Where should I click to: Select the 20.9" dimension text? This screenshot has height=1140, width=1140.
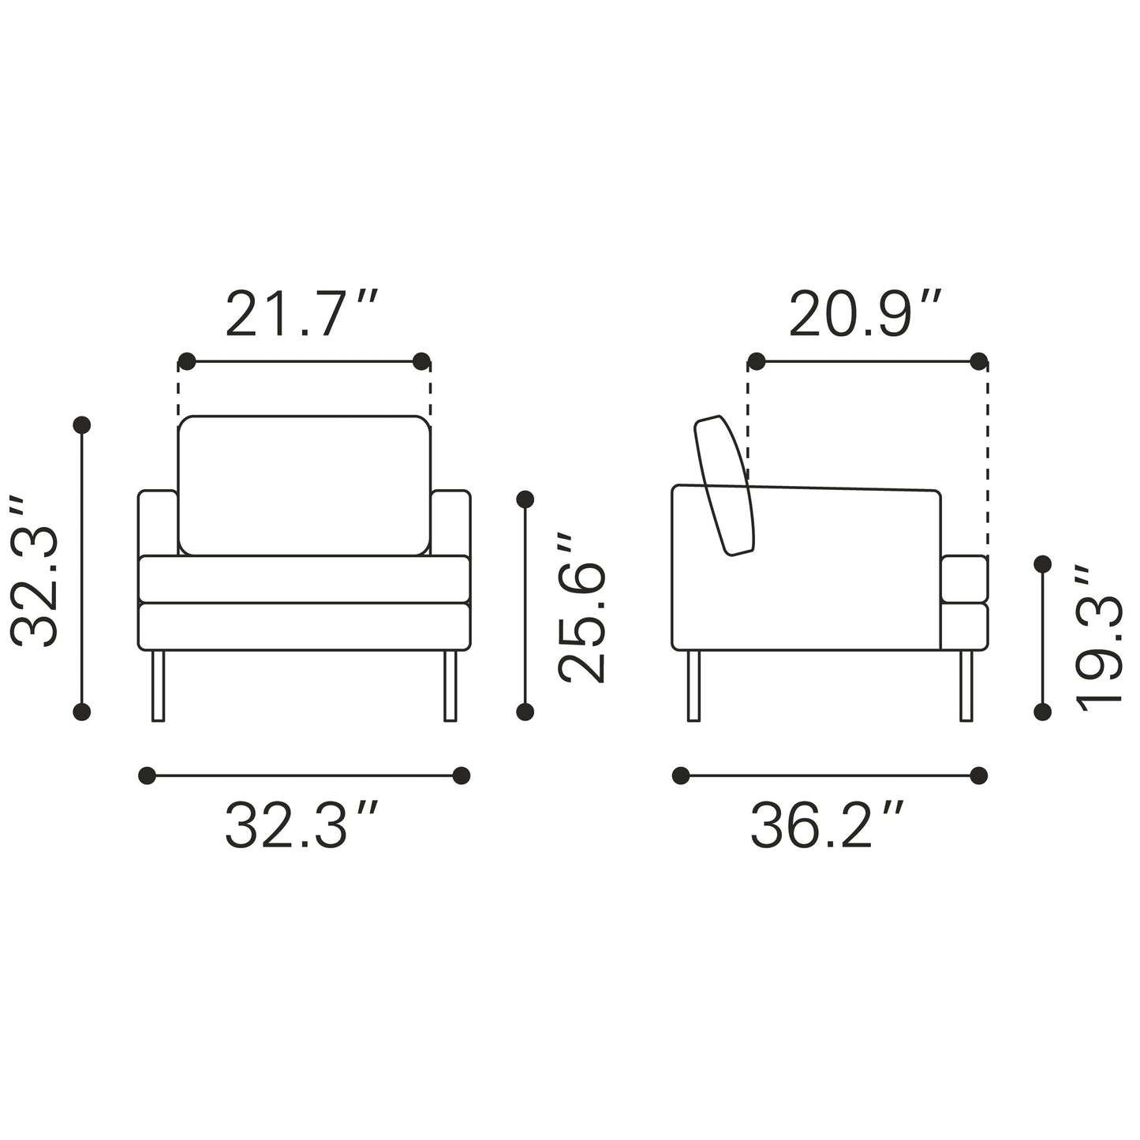(x=865, y=314)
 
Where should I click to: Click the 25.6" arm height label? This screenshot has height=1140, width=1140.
(x=582, y=606)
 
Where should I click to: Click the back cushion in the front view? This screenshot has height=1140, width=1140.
(x=305, y=484)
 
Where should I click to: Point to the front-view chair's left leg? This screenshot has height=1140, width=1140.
(x=158, y=686)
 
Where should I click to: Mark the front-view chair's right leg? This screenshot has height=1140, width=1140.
(x=450, y=686)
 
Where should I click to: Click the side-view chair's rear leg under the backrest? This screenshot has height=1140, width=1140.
(x=694, y=686)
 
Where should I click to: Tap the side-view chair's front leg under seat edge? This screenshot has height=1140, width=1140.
(x=966, y=686)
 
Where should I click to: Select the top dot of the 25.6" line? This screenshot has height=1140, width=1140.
(x=525, y=499)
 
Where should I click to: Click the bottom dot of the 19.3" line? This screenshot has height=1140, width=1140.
(x=1042, y=712)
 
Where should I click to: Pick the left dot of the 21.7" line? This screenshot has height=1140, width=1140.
(x=187, y=361)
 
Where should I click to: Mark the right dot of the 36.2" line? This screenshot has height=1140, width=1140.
(x=979, y=776)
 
